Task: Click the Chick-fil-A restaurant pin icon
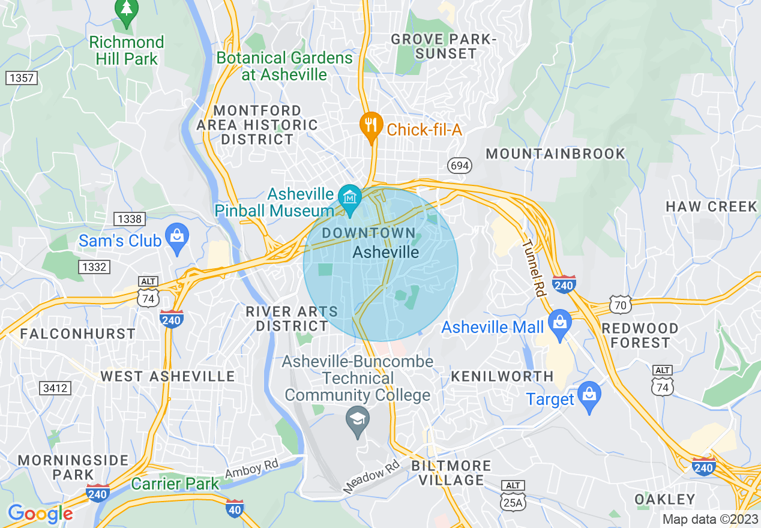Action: point(371,126)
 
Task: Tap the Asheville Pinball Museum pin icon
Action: point(349,197)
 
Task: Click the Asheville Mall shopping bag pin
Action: point(559,322)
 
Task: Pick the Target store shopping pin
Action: point(589,395)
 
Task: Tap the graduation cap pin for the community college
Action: point(358,419)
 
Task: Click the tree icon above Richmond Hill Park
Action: point(127,10)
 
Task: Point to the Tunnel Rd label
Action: point(532,269)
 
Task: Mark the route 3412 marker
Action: point(55,388)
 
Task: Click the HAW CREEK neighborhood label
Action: point(711,206)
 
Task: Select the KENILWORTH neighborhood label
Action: point(502,376)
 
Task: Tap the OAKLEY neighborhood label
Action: point(665,499)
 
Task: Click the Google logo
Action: point(40,514)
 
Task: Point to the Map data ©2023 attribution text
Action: point(709,519)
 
